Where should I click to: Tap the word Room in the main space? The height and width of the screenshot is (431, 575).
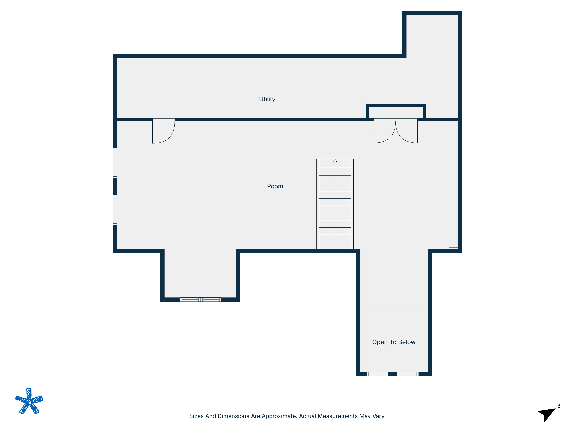(x=275, y=186)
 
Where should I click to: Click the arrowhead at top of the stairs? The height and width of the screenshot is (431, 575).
(x=335, y=161)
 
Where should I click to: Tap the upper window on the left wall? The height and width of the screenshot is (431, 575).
(x=115, y=163)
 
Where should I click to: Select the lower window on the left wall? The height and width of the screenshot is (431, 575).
(x=115, y=210)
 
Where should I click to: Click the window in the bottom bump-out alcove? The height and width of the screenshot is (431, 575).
(x=200, y=300)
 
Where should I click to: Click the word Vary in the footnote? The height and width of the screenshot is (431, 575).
(x=379, y=416)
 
